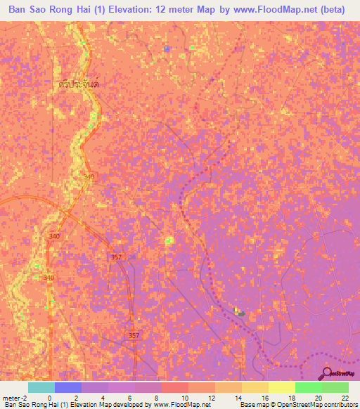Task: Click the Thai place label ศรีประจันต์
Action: (78, 83)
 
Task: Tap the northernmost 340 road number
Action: (89, 177)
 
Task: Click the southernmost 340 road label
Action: (49, 278)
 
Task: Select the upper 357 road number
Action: (117, 258)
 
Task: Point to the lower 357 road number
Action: (134, 337)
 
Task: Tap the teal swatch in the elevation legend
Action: (41, 387)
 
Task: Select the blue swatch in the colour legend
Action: (68, 387)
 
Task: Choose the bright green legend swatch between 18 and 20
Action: (309, 387)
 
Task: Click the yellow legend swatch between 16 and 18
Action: (282, 387)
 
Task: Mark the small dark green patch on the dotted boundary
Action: (240, 313)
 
